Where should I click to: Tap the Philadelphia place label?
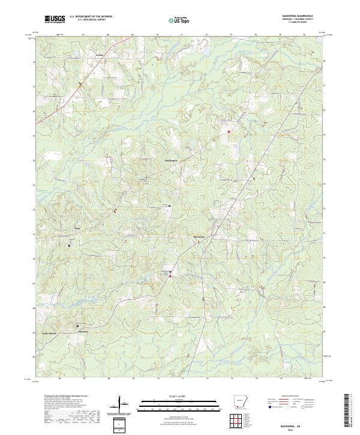tap(156, 160)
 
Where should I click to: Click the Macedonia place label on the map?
tap(199, 236)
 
